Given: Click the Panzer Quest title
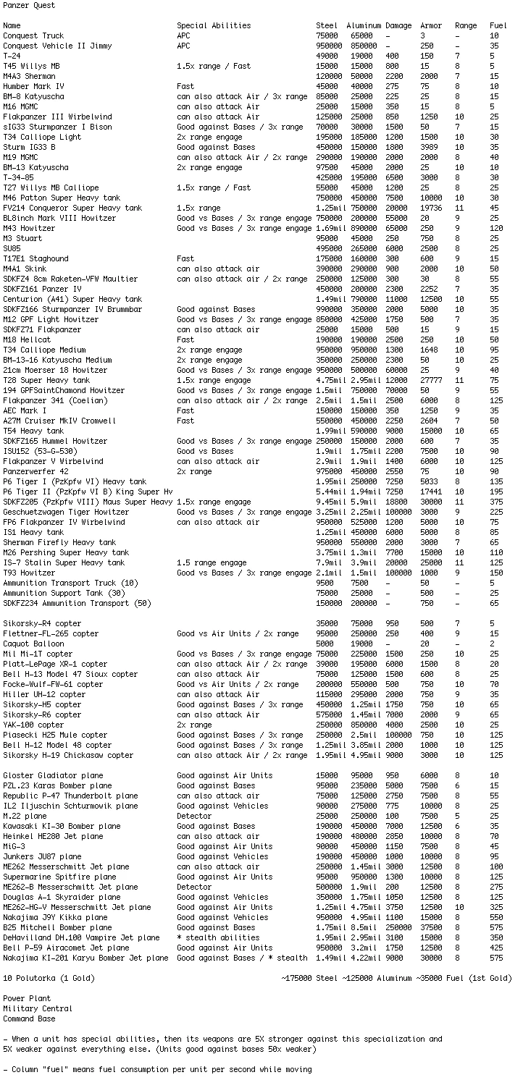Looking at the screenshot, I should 28,6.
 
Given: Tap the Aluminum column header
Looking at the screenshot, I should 364,26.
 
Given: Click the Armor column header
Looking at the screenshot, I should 431,26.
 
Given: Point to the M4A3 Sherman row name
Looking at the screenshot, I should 29,76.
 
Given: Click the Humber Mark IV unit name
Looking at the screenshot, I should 33,86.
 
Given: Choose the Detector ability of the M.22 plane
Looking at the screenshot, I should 194,816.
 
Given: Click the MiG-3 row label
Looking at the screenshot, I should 14,846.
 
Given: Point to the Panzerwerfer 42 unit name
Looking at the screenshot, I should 35,471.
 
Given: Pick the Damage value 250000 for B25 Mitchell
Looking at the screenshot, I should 399,927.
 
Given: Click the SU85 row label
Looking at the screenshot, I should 12,248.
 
